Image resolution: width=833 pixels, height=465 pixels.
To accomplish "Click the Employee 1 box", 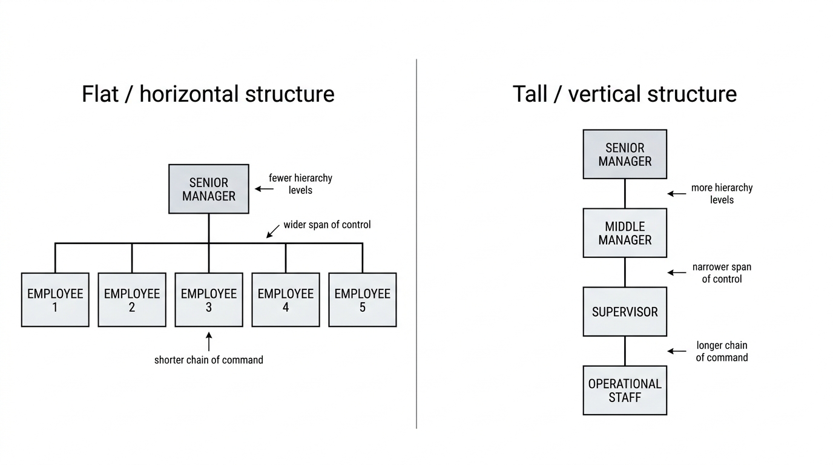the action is pyautogui.click(x=55, y=300).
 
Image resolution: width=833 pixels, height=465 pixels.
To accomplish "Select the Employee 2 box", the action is pyautogui.click(x=132, y=300).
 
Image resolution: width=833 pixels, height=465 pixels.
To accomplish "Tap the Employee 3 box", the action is pyautogui.click(x=209, y=300).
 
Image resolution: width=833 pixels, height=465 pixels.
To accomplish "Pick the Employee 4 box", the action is pyautogui.click(x=286, y=300).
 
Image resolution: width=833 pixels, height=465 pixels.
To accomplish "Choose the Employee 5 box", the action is pyautogui.click(x=363, y=300).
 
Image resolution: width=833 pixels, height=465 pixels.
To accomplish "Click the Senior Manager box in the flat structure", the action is pyautogui.click(x=209, y=189).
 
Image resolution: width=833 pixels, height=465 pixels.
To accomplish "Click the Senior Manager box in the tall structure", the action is pyautogui.click(x=625, y=154).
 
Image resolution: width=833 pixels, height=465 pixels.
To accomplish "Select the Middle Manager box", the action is pyautogui.click(x=625, y=233).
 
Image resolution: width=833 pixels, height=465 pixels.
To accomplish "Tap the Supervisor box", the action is pyautogui.click(x=625, y=312).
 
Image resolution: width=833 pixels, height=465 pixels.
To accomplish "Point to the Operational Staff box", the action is pyautogui.click(x=625, y=391).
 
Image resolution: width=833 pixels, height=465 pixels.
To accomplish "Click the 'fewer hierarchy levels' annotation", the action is pyautogui.click(x=300, y=184).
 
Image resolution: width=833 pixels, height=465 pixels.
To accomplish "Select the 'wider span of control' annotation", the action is pyautogui.click(x=328, y=225).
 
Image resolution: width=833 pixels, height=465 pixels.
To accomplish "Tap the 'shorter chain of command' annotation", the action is pyautogui.click(x=209, y=360).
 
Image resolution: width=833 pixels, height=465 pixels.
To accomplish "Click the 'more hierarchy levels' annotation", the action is pyautogui.click(x=722, y=194).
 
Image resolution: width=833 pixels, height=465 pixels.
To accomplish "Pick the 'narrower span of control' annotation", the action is pyautogui.click(x=722, y=273).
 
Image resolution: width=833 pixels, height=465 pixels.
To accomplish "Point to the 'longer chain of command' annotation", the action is pyautogui.click(x=722, y=352).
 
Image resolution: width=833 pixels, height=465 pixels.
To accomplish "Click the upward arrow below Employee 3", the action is pyautogui.click(x=209, y=341).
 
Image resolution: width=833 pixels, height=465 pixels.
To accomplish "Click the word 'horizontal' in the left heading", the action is pyautogui.click(x=189, y=94).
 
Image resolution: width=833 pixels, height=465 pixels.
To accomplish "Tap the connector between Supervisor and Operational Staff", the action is pyautogui.click(x=625, y=351).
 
